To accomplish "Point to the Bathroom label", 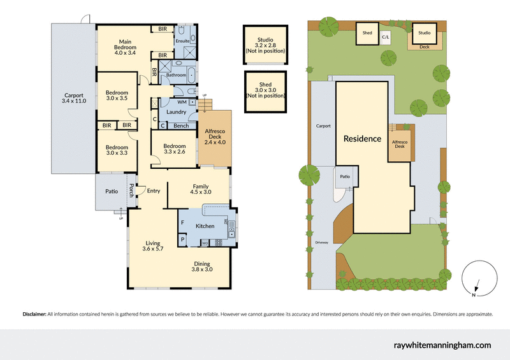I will point(176,75).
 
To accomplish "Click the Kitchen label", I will point(205,226).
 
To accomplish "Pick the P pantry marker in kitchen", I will point(182,240).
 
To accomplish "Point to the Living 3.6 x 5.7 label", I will point(152,247).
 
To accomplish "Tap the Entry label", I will point(153,191).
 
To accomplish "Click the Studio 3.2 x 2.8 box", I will point(265,45).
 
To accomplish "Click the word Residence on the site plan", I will point(362,138).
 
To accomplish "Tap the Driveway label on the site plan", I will point(322,243).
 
